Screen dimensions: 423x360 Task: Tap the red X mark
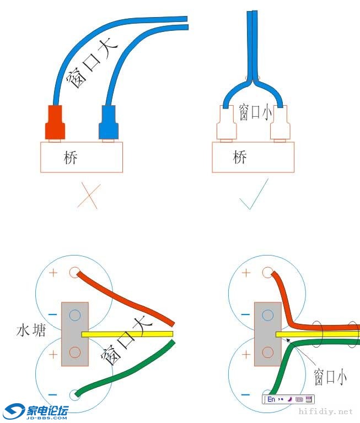(88, 195)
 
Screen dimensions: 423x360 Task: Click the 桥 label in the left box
(71, 158)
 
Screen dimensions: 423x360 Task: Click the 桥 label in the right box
(240, 158)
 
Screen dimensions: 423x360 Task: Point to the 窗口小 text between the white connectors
(255, 112)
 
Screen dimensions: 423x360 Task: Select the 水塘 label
(31, 330)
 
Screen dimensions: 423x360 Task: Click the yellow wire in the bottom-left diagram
(127, 334)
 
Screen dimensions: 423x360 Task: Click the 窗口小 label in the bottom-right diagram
(330, 378)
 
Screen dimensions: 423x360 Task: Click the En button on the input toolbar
(271, 399)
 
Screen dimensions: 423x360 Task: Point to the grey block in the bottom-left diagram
(75, 334)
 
